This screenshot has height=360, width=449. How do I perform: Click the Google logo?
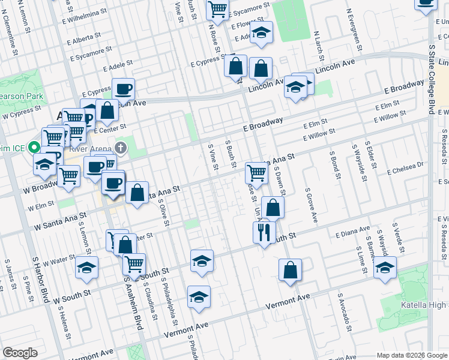[20, 353]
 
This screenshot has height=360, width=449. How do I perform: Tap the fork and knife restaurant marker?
[264, 232]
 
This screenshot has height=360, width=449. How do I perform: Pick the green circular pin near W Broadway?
[35, 148]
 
